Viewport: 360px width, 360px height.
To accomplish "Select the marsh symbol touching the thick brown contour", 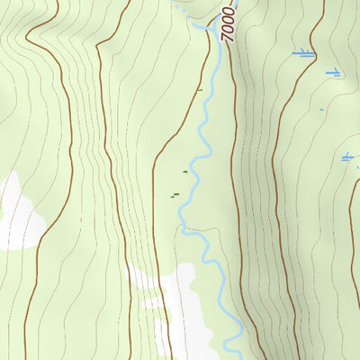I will click(305, 54).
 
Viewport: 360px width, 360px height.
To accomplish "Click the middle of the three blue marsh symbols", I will click(334, 72).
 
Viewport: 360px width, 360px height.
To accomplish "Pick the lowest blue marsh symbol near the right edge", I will click(347, 158).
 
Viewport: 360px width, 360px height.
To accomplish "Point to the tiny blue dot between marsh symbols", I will click(321, 110).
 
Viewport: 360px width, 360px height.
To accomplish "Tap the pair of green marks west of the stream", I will click(175, 195).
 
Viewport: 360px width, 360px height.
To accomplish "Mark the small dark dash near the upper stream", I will click(199, 89).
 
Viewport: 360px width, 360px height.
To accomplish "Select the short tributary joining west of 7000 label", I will click(202, 27).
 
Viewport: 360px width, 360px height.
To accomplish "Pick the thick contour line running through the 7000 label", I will click(236, 108).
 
